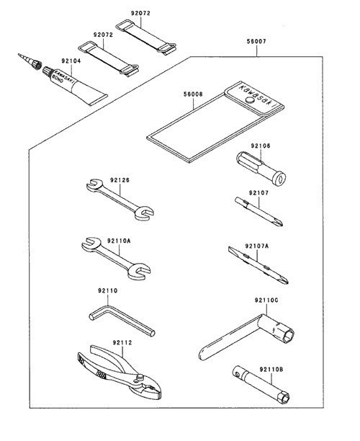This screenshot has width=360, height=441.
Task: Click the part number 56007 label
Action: pos(256,41)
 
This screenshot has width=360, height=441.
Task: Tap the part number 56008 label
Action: pos(193,94)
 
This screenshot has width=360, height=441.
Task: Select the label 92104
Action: pos(71,61)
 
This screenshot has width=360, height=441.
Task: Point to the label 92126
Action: pos(120,179)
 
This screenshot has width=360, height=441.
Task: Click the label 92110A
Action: pos(119,241)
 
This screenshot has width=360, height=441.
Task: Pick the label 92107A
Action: pos(256,246)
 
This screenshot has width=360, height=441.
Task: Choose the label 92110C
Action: pos(266,300)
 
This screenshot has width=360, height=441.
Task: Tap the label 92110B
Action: pos(271,369)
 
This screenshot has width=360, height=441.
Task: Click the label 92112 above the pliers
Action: pos(122,342)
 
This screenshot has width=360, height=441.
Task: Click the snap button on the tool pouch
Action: pos(249,99)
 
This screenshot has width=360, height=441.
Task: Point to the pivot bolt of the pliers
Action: pos(140,377)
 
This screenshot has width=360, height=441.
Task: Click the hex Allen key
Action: pos(122,320)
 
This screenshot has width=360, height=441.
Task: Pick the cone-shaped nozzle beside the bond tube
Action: pos(30,62)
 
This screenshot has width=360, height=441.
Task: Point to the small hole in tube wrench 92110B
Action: pos(238,374)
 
